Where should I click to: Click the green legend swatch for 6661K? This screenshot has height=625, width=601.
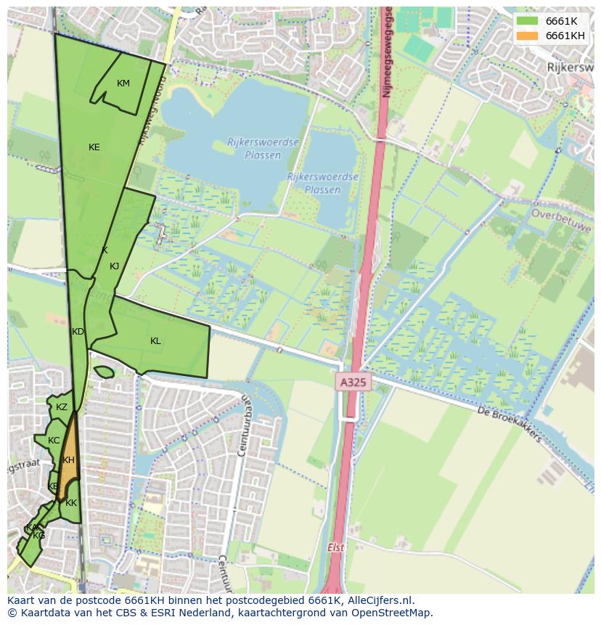pyautogui.click(x=528, y=21)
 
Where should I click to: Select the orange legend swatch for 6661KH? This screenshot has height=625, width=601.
pyautogui.click(x=528, y=36)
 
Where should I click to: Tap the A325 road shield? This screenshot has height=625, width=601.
pyautogui.click(x=353, y=381)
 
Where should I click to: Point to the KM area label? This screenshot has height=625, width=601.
pyautogui.click(x=123, y=83)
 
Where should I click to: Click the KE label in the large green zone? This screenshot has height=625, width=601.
pyautogui.click(x=94, y=147)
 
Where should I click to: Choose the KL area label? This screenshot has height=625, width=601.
pyautogui.click(x=155, y=341)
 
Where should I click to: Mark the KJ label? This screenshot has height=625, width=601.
pyautogui.click(x=114, y=266)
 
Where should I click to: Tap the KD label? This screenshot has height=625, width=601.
pyautogui.click(x=78, y=332)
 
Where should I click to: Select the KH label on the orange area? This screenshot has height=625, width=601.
pyautogui.click(x=68, y=460)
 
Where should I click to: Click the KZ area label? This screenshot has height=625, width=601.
pyautogui.click(x=62, y=407)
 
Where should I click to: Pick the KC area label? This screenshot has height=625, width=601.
pyautogui.click(x=54, y=441)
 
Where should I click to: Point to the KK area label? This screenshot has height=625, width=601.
pyautogui.click(x=71, y=503)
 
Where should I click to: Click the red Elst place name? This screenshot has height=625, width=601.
pyautogui.click(x=335, y=548)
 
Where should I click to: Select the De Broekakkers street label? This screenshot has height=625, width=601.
pyautogui.click(x=510, y=424)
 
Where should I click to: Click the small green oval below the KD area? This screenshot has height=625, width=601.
pyautogui.click(x=104, y=372)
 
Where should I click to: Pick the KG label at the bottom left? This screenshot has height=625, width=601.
pyautogui.click(x=38, y=536)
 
